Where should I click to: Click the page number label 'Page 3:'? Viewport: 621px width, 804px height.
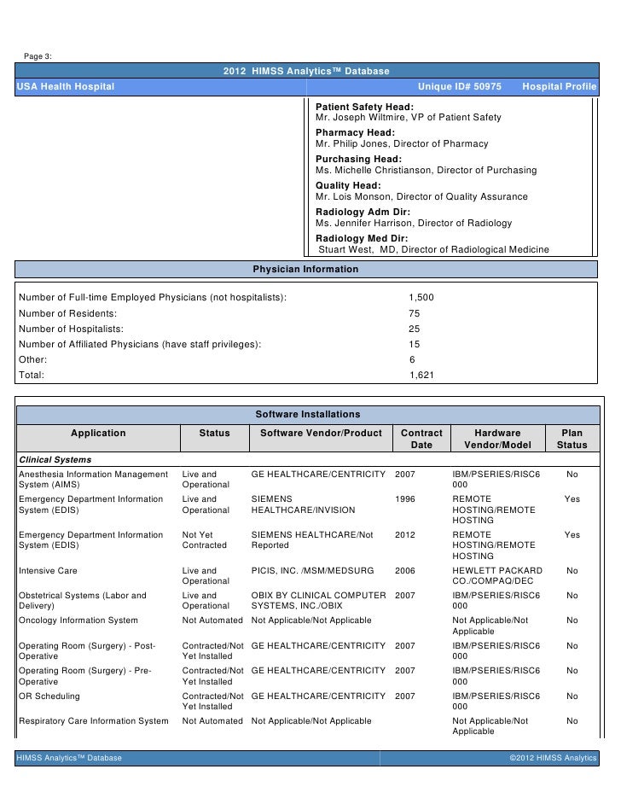tap(38, 56)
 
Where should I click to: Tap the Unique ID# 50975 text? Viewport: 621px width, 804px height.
tap(459, 88)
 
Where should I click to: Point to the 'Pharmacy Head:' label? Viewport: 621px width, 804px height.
tap(355, 133)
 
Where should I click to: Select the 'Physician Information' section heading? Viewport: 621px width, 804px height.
tap(306, 270)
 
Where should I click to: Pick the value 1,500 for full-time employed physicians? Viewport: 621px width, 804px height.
tap(421, 297)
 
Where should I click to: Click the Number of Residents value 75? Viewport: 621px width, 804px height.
tap(415, 313)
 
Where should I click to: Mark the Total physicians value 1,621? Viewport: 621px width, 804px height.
tap(421, 375)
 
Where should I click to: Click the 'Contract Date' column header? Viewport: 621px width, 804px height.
tap(421, 439)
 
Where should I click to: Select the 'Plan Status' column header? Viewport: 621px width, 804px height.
tap(572, 439)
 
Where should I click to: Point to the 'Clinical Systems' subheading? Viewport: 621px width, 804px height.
tap(55, 460)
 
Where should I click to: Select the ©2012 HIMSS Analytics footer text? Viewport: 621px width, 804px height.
tap(552, 758)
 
